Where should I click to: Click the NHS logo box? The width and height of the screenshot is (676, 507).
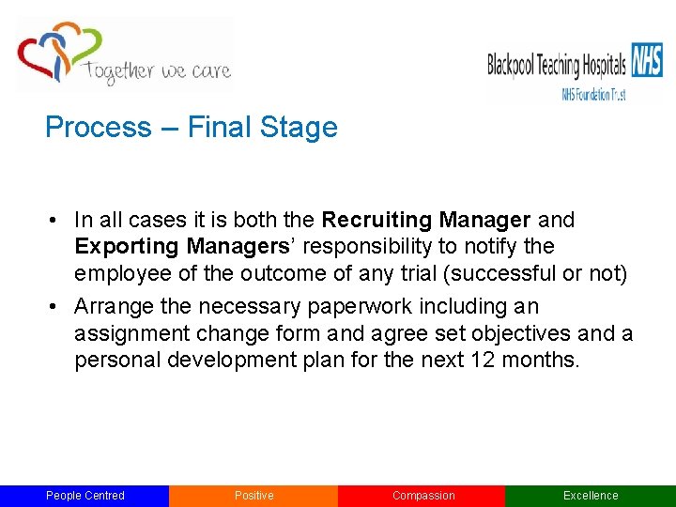click(x=646, y=59)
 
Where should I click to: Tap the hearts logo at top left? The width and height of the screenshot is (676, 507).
click(x=58, y=52)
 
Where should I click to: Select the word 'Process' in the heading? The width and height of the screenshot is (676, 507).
click(x=84, y=128)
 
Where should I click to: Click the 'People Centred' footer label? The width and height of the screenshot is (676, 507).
click(x=84, y=496)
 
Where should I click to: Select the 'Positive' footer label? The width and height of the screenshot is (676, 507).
click(x=253, y=496)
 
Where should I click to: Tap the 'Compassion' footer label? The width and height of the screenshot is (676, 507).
click(x=422, y=496)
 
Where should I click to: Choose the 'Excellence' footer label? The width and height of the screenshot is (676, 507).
click(x=591, y=496)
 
